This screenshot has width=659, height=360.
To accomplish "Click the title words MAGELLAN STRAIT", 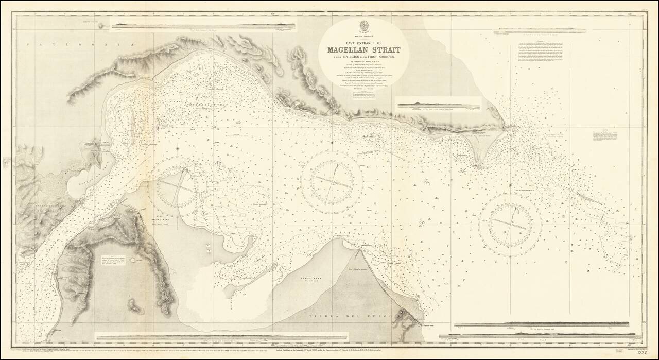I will (x=363, y=50).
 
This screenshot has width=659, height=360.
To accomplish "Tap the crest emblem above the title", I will (x=362, y=24).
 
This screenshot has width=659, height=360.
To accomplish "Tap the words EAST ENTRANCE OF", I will (x=362, y=42).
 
